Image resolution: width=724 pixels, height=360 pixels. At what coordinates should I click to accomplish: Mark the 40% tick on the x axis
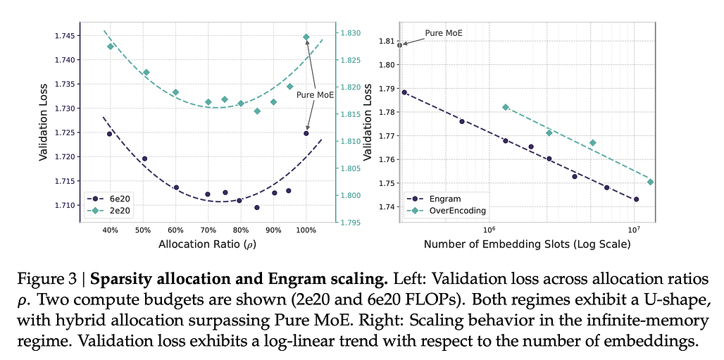click(109, 230)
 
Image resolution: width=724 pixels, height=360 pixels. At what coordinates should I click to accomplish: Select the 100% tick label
click(306, 230)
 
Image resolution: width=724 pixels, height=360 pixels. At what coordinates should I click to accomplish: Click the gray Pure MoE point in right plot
click(400, 45)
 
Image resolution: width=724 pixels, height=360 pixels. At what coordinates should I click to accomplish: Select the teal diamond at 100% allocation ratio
click(306, 37)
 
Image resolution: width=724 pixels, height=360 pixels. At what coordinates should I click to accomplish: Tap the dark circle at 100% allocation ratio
click(306, 133)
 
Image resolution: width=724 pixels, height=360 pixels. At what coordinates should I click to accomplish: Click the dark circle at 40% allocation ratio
click(109, 134)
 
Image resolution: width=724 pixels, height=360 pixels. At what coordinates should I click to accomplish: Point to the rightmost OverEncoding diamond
click(650, 182)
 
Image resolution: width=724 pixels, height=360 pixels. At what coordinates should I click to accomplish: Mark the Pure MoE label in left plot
click(315, 94)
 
